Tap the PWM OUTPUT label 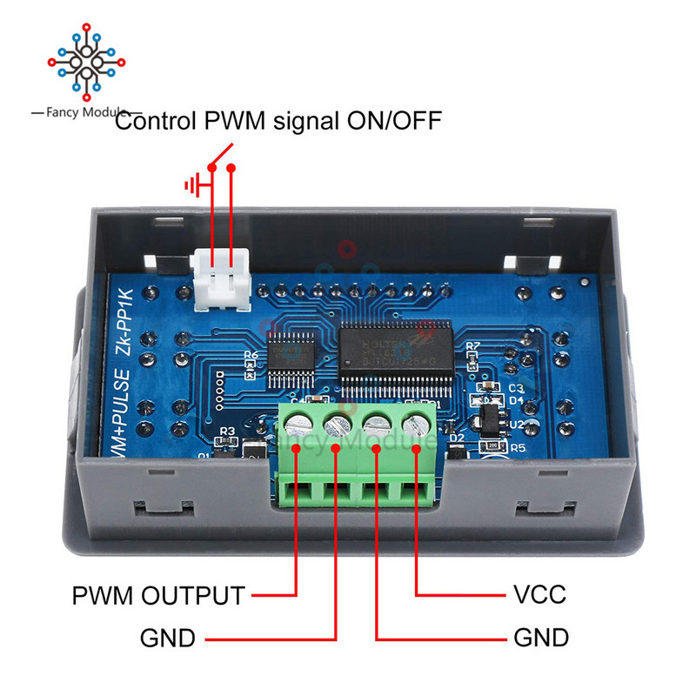[157, 596]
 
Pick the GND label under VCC [541, 639]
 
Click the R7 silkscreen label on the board [472, 346]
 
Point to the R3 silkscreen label [229, 431]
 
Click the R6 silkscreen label [251, 356]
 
